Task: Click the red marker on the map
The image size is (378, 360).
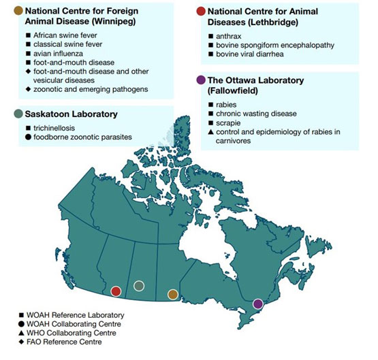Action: point(116,291)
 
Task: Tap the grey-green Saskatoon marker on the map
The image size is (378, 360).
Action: point(139,286)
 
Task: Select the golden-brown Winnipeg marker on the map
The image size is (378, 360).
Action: point(173,295)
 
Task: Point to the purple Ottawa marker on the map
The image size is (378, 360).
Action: point(257,304)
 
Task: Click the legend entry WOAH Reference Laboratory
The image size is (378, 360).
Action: point(76,315)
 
